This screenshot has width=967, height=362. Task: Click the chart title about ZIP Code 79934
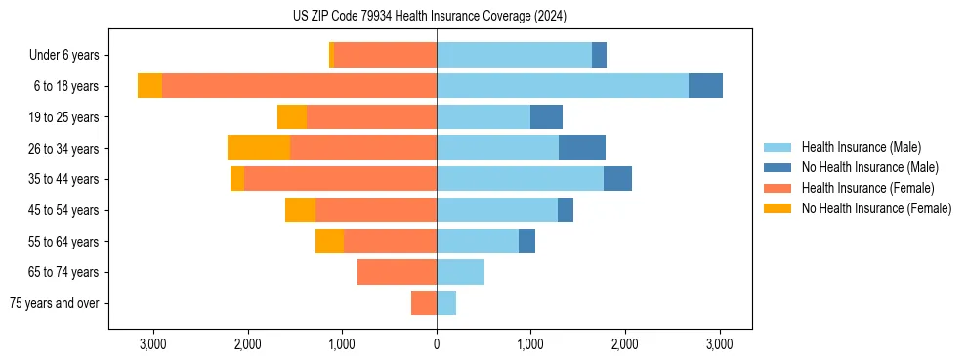(429, 17)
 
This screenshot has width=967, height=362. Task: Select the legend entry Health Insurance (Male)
(861, 147)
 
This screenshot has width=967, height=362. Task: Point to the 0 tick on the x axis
(437, 345)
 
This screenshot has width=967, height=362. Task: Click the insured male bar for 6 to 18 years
(563, 86)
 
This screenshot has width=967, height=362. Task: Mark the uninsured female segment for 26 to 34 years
(259, 148)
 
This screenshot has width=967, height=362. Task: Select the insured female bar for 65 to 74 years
(397, 272)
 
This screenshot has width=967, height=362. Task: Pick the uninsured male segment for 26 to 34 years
(582, 148)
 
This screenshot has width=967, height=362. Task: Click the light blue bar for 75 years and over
(446, 303)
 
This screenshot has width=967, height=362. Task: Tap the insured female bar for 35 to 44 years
(340, 179)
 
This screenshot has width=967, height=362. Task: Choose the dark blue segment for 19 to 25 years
(546, 117)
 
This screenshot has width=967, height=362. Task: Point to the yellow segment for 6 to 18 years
(149, 86)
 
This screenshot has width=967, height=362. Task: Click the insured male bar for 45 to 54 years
(497, 210)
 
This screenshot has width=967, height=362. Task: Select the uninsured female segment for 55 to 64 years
(329, 241)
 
